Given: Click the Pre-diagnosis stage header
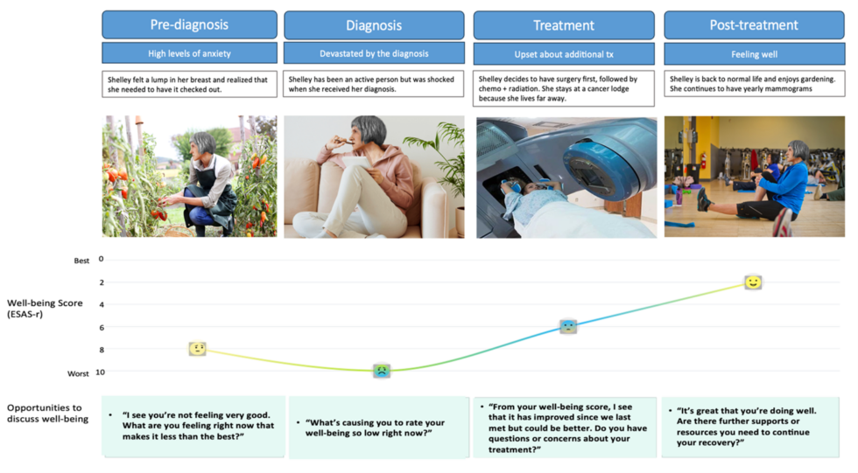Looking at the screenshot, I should point(189,25).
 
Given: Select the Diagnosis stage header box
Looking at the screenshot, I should point(374,25).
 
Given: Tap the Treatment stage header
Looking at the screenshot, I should point(564,25).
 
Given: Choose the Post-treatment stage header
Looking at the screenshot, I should point(754,25).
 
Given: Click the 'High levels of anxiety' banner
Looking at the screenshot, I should point(189,53).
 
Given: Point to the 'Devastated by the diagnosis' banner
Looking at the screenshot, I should point(374,53).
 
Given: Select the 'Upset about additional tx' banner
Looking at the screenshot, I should point(564,53).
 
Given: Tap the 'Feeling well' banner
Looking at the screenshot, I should point(754,53).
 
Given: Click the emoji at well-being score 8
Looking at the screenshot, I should point(198,349).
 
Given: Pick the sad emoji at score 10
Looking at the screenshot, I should point(382,371).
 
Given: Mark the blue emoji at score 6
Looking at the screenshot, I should point(568,326).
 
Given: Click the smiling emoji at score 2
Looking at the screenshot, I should point(753,282).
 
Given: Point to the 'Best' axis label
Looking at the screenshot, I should point(81,261).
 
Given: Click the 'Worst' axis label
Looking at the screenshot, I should point(79,373).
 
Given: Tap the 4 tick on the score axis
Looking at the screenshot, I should point(101,304).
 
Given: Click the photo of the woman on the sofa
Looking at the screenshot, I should point(374,177).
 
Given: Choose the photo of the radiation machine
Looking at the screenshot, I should point(566,177).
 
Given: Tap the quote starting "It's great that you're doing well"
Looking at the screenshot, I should point(753,426).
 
